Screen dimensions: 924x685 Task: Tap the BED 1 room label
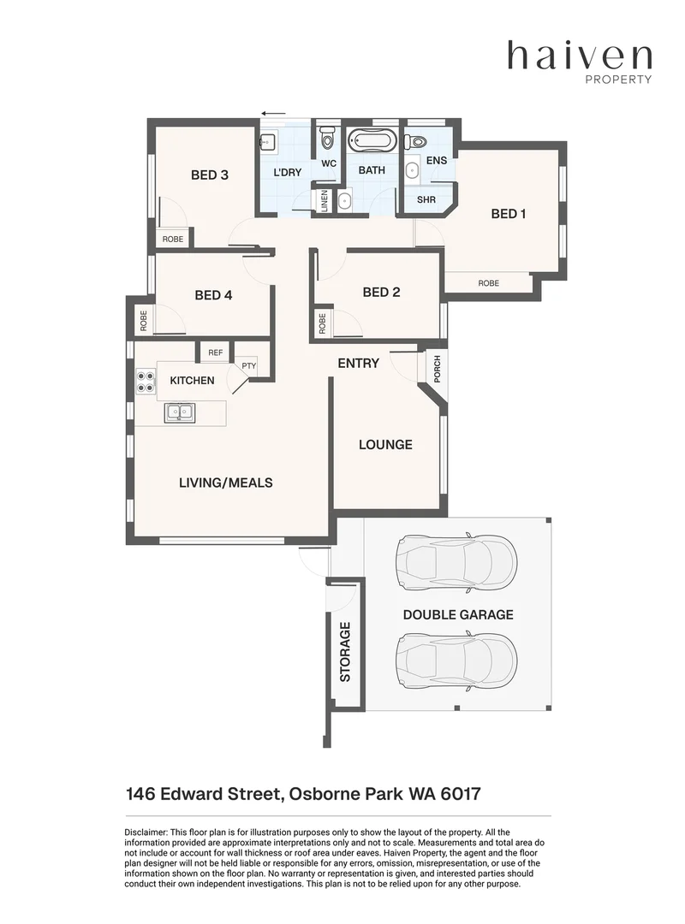(x=509, y=214)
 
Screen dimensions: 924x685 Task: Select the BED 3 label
(x=209, y=175)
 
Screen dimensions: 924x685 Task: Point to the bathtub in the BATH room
(x=372, y=140)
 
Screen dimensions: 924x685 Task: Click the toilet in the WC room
(x=327, y=139)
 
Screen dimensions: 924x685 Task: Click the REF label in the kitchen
(x=215, y=352)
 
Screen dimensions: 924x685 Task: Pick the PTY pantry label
(x=248, y=365)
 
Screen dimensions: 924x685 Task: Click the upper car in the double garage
(x=456, y=562)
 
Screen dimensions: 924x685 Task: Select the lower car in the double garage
(x=456, y=657)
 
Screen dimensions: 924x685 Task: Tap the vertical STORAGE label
(x=346, y=652)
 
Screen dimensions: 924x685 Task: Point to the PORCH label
(x=437, y=368)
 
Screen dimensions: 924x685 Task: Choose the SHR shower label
(x=426, y=200)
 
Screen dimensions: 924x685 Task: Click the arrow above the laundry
(x=274, y=112)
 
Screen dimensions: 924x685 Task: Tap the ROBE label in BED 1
(x=488, y=283)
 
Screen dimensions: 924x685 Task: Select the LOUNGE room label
(x=385, y=445)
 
